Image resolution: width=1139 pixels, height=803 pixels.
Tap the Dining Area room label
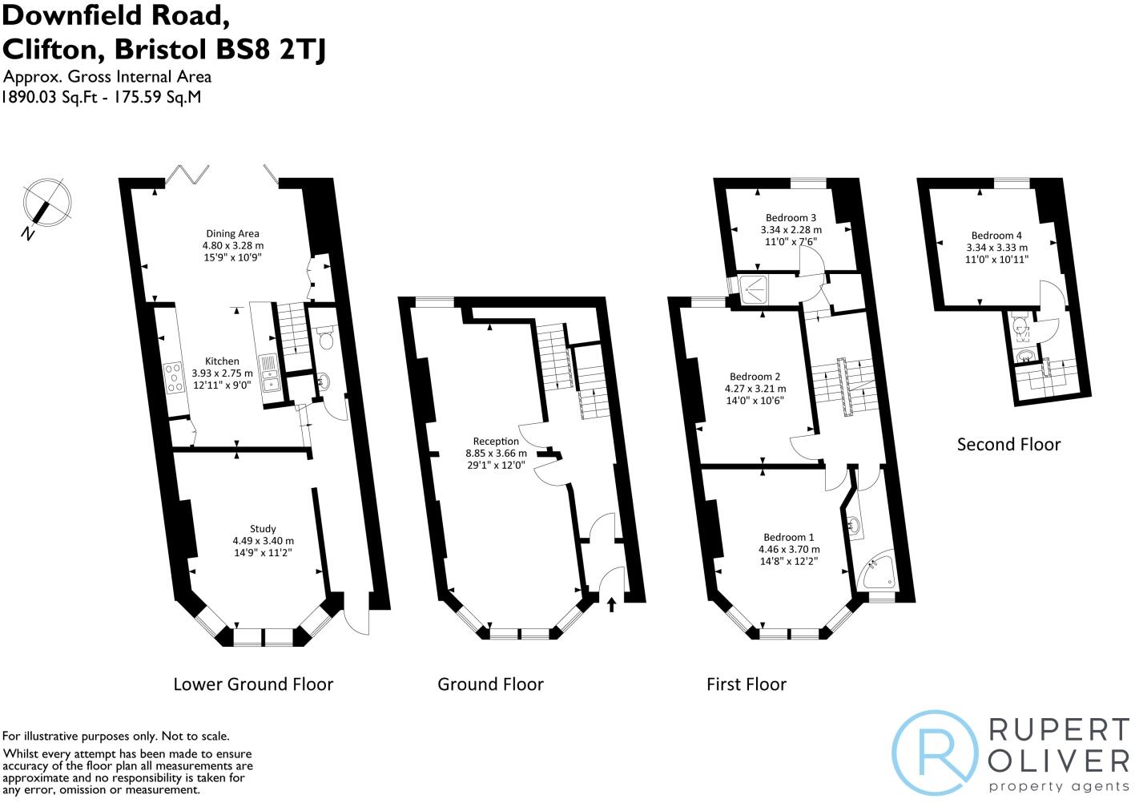[x=232, y=234]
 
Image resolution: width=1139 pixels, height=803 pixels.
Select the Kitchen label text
[x=222, y=361]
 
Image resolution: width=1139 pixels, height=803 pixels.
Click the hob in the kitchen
[x=172, y=377]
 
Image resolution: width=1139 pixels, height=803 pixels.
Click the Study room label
[x=263, y=529]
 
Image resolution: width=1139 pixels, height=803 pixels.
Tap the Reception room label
[x=496, y=442]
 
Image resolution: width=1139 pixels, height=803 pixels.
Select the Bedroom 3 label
[x=791, y=218]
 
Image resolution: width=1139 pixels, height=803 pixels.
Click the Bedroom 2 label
[x=755, y=377]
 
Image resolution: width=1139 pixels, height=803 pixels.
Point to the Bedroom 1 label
[x=788, y=537]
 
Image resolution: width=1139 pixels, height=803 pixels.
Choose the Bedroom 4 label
[x=996, y=236]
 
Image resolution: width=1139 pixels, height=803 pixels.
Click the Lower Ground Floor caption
[x=253, y=684]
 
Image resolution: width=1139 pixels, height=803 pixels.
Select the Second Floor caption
[x=1008, y=444]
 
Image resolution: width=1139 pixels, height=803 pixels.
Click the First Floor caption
[x=746, y=684]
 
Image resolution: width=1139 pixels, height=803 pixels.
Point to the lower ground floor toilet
[x=325, y=340]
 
